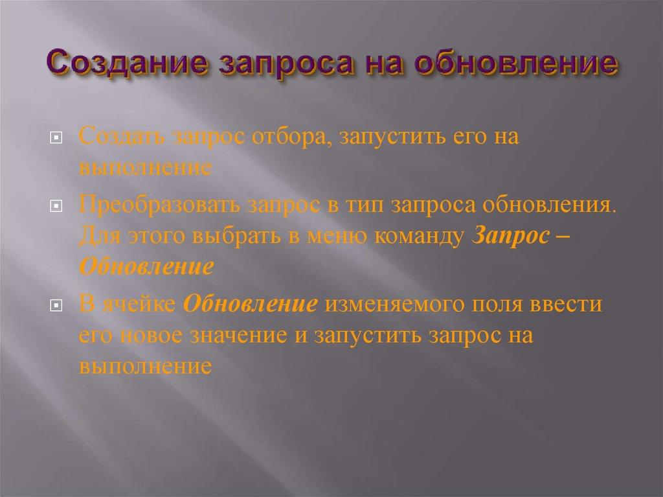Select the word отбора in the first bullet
click(x=284, y=138)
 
